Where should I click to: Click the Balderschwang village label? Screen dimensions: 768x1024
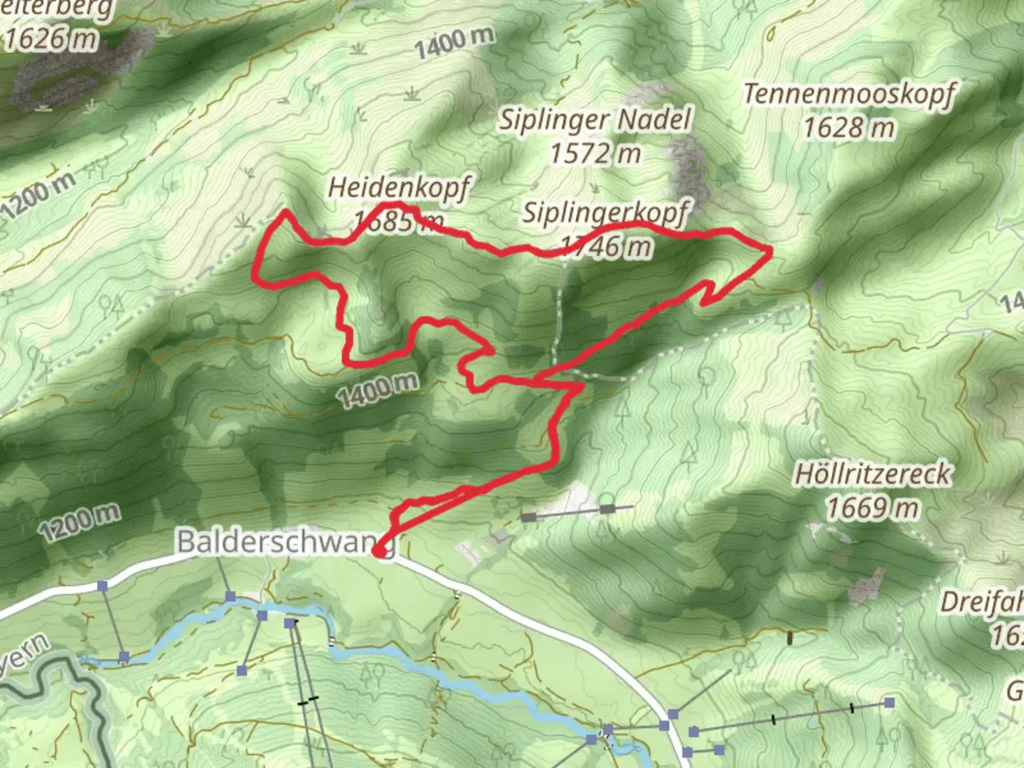pos(277,541)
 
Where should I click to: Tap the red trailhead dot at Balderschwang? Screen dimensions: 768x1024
pos(379,550)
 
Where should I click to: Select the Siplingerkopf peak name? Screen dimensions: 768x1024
pos(606,213)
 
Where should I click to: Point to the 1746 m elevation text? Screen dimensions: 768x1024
pos(606,246)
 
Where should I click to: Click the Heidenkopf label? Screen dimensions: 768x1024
pos(399,188)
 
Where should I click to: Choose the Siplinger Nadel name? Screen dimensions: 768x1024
pos(594,119)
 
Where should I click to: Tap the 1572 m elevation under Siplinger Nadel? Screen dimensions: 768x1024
pos(595,153)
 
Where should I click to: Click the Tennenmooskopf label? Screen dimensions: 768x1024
pos(849,94)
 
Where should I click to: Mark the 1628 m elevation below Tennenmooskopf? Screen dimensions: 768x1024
pos(849,128)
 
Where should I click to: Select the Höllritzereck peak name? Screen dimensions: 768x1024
pos(873,474)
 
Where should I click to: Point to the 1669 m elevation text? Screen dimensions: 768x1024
pos(873,508)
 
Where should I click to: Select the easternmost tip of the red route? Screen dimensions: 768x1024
pos(771,249)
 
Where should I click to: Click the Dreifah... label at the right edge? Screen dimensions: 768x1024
pos(982,602)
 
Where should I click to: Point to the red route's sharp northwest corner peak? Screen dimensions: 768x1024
pos(286,211)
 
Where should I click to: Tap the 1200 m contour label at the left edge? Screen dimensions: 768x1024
pos(36,196)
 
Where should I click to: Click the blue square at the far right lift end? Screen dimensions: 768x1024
pos(889,703)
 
